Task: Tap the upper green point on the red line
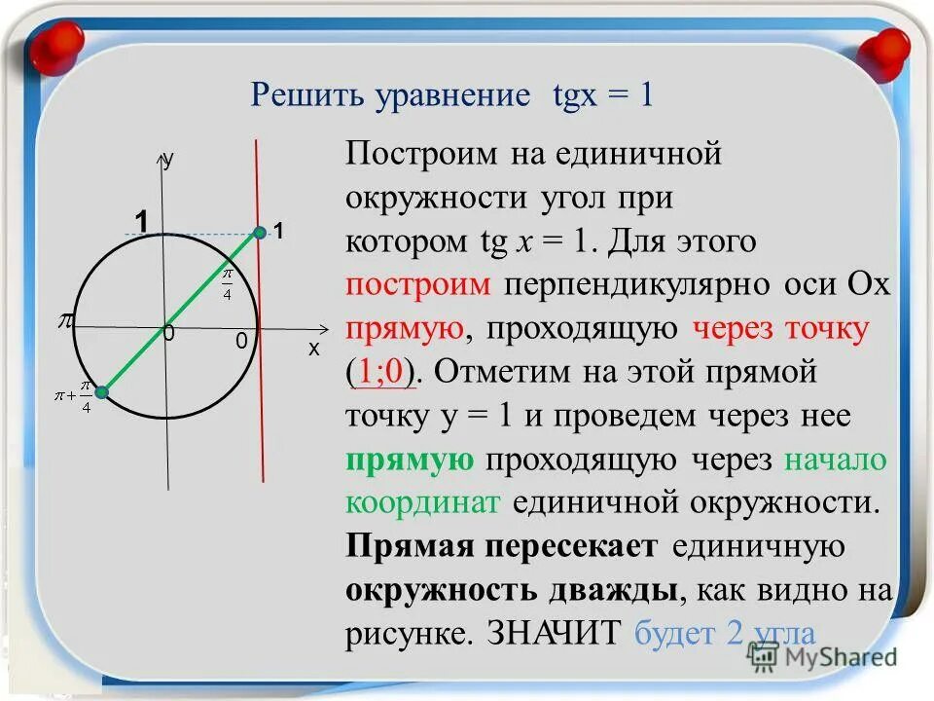(x=260, y=232)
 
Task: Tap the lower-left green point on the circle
(x=101, y=391)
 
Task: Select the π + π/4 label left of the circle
(x=74, y=396)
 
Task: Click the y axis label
(x=168, y=161)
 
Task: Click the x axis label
(x=314, y=348)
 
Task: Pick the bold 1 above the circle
(x=142, y=222)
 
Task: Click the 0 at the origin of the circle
(x=168, y=334)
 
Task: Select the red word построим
(x=421, y=285)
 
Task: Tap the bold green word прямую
(x=410, y=460)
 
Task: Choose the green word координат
(x=422, y=502)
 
